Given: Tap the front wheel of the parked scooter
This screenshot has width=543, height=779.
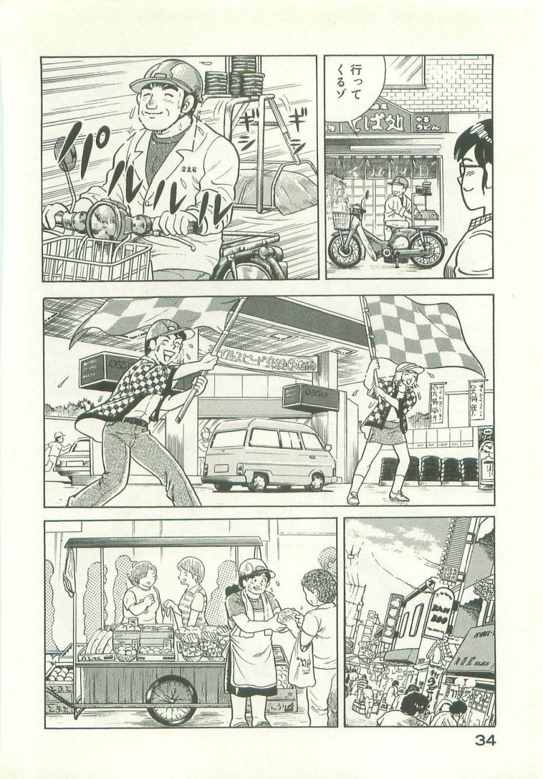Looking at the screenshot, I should pos(346,248).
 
